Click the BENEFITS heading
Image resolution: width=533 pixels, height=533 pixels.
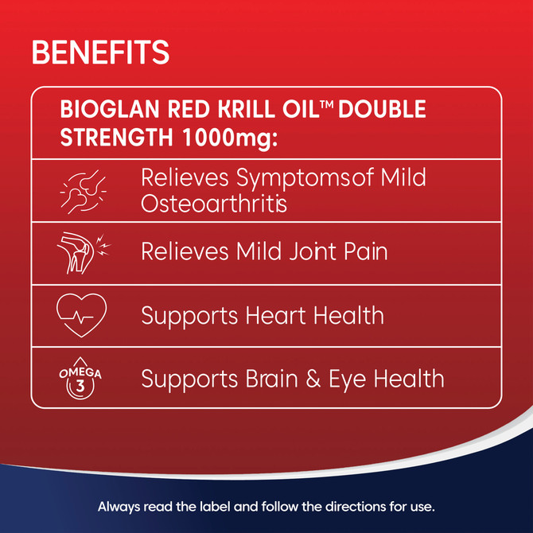[x=100, y=53]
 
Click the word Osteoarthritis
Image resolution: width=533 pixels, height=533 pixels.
[x=214, y=203]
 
